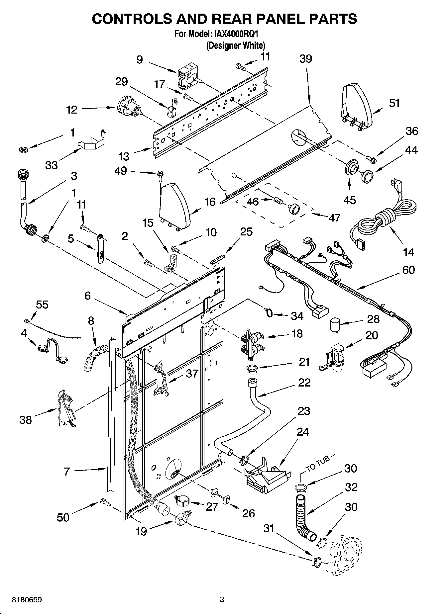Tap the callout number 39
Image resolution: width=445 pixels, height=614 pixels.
[305, 59]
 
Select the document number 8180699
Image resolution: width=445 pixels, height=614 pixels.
[27, 600]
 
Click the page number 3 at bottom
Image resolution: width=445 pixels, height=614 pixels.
[222, 600]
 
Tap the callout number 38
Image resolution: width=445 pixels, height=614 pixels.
[26, 420]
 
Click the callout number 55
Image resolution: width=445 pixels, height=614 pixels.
[42, 305]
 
